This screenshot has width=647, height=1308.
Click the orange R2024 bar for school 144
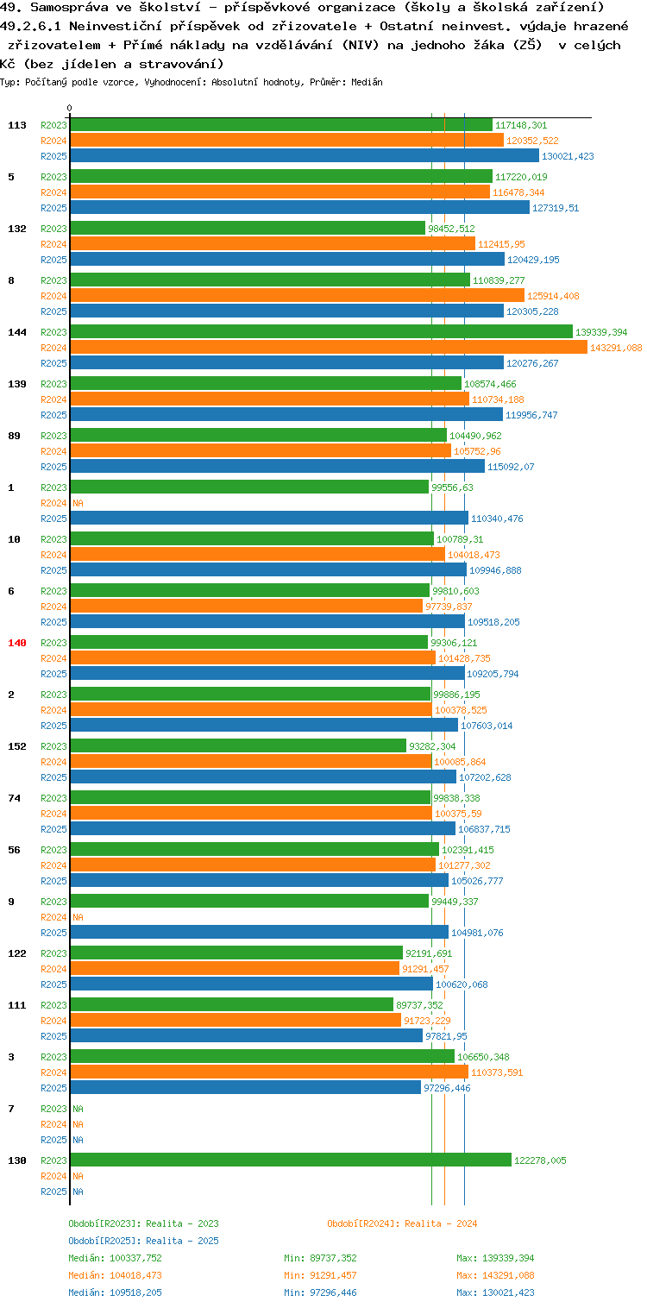(x=329, y=348)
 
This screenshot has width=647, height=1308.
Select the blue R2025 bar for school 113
(x=305, y=156)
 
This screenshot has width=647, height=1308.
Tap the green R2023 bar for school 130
(x=291, y=1160)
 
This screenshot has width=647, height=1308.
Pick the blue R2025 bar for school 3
(x=246, y=1088)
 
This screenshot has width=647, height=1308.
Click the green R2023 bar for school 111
(x=232, y=1005)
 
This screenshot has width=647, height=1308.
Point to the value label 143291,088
(x=616, y=348)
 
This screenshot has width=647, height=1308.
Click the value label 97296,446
(x=447, y=1088)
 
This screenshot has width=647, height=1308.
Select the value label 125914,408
(x=553, y=296)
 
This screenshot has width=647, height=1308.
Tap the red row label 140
(x=17, y=643)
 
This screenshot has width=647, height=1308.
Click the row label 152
(x=17, y=746)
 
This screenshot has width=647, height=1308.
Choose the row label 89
(x=14, y=436)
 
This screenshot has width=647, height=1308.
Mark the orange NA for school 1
(x=78, y=503)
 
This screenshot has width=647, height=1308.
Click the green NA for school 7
(x=78, y=1109)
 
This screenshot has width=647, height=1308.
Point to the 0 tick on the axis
(x=70, y=108)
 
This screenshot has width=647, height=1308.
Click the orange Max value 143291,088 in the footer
(x=508, y=1275)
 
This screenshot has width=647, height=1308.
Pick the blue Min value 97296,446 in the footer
(x=333, y=1292)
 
